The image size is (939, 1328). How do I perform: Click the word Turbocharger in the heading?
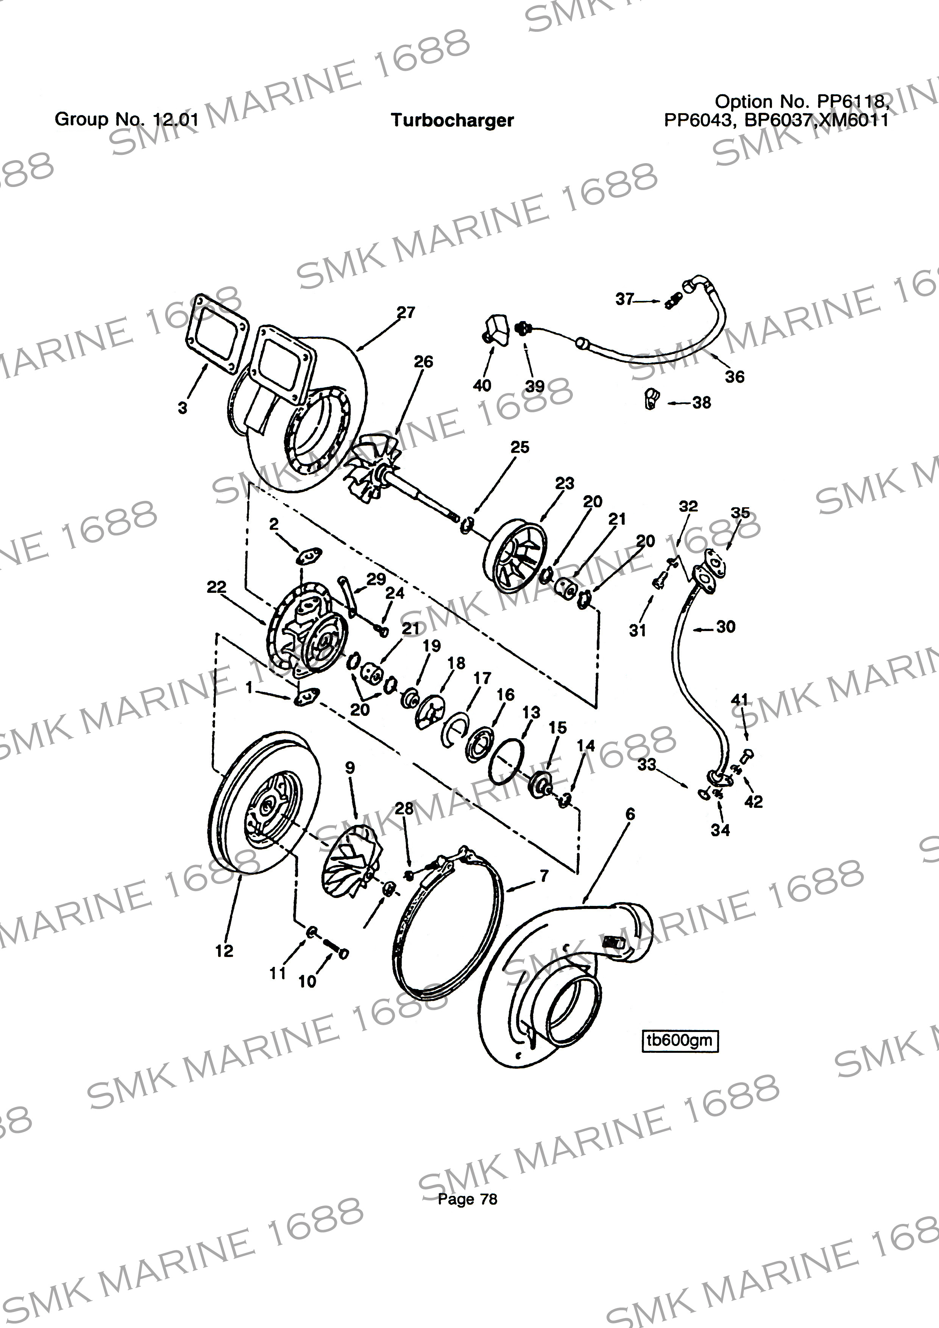pos(452,120)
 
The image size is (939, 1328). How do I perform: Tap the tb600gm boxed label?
pos(680,1040)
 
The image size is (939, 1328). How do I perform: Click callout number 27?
pos(406,312)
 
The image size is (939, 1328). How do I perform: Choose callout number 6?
pos(630,814)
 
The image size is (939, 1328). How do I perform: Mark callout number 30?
pos(725,627)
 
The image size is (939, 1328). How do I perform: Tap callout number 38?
pos(702,402)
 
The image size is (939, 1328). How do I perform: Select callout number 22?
pos(216,587)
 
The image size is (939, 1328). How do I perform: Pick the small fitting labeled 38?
pos(651,399)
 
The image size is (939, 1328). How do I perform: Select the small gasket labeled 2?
pos(308,556)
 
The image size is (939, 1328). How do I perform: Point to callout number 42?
pos(753,802)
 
